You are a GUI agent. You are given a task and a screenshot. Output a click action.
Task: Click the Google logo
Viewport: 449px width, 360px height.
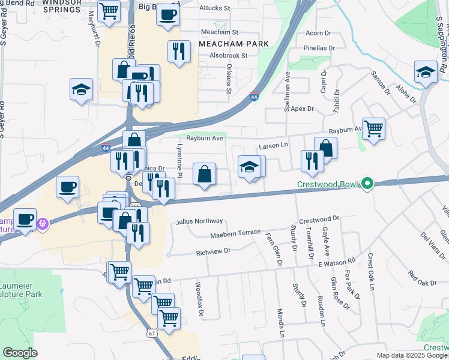[x=20, y=353]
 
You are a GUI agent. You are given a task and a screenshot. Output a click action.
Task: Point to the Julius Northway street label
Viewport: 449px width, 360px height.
[x=199, y=221]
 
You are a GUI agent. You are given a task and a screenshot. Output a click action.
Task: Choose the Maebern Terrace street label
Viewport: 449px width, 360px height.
[x=235, y=233]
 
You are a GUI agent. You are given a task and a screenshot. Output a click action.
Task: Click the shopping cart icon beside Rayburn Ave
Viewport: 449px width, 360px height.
[x=373, y=128]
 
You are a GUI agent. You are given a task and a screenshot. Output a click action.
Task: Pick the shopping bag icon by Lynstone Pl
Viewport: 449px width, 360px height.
[x=205, y=174]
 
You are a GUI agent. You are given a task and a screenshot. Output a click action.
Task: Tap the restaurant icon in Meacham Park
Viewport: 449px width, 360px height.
[x=178, y=52]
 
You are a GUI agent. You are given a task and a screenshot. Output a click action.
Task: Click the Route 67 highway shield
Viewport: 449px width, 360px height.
[x=152, y=334]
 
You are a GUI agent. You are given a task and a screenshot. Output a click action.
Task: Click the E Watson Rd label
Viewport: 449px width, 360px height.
[x=337, y=263]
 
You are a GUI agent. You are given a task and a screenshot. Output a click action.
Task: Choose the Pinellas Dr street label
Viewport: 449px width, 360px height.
[x=319, y=48]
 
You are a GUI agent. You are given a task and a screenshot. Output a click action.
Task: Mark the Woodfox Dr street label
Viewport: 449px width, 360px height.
[x=200, y=299]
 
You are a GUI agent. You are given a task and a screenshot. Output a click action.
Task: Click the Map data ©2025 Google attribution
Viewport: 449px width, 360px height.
[x=412, y=355]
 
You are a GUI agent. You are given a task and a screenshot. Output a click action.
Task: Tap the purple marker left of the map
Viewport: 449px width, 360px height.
[x=43, y=224]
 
